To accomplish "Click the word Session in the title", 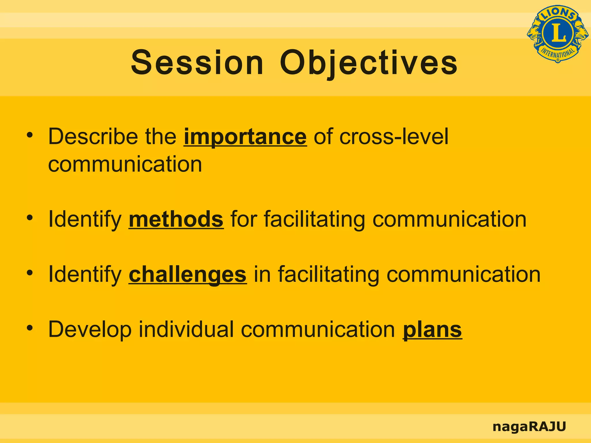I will pyautogui.click(x=197, y=63).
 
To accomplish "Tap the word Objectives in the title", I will pyautogui.click(x=369, y=63).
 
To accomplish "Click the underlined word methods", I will pyautogui.click(x=176, y=219).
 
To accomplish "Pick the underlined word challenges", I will pyautogui.click(x=188, y=274).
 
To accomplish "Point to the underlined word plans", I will pyautogui.click(x=432, y=329).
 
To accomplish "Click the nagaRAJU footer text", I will pyautogui.click(x=529, y=426).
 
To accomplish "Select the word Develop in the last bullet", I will pyautogui.click(x=90, y=329).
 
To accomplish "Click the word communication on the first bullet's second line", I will pyautogui.click(x=125, y=164).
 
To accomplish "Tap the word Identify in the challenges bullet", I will pyautogui.click(x=85, y=274).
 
